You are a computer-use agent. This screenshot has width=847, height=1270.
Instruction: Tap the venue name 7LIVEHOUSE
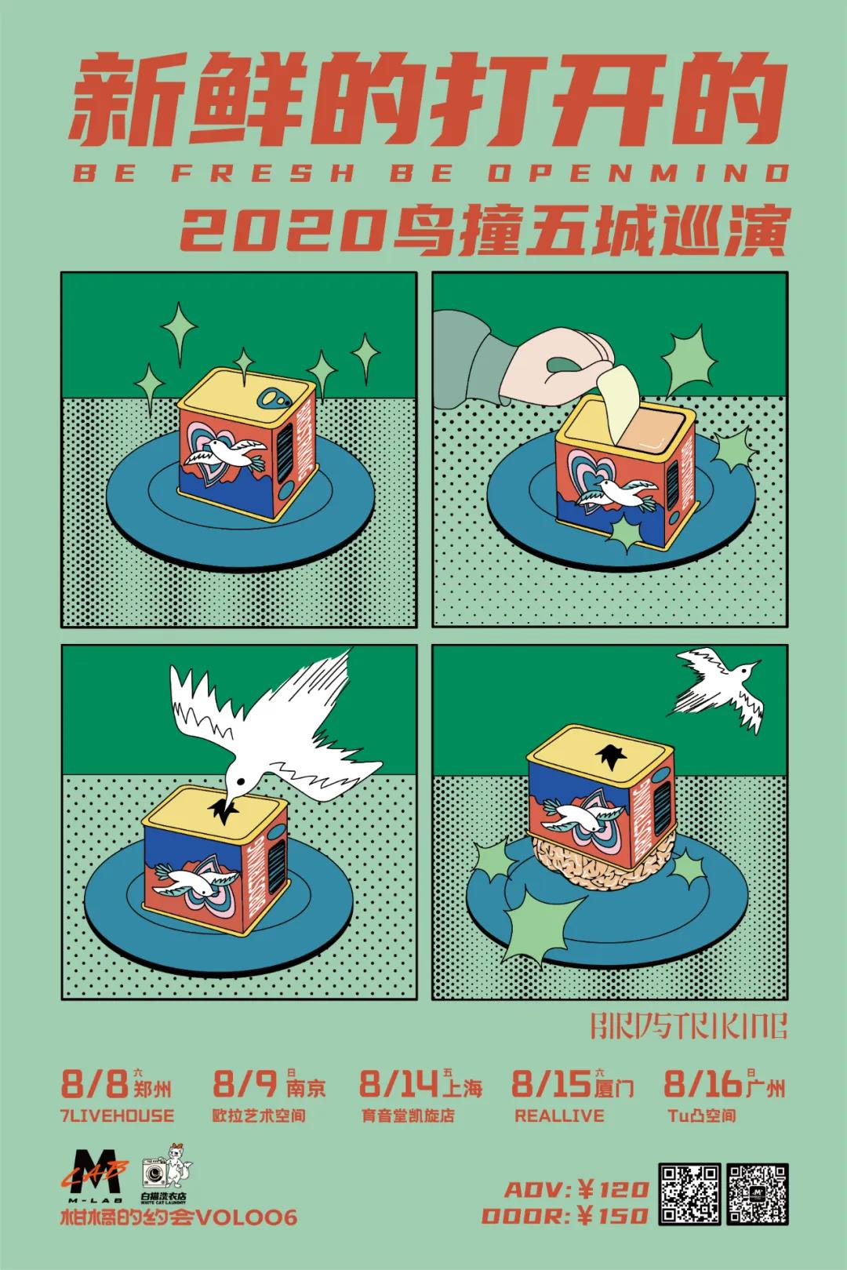117,1115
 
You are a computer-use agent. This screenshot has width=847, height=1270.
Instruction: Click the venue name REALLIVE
558,1115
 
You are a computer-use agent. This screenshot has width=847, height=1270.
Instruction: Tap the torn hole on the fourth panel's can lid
608,756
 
